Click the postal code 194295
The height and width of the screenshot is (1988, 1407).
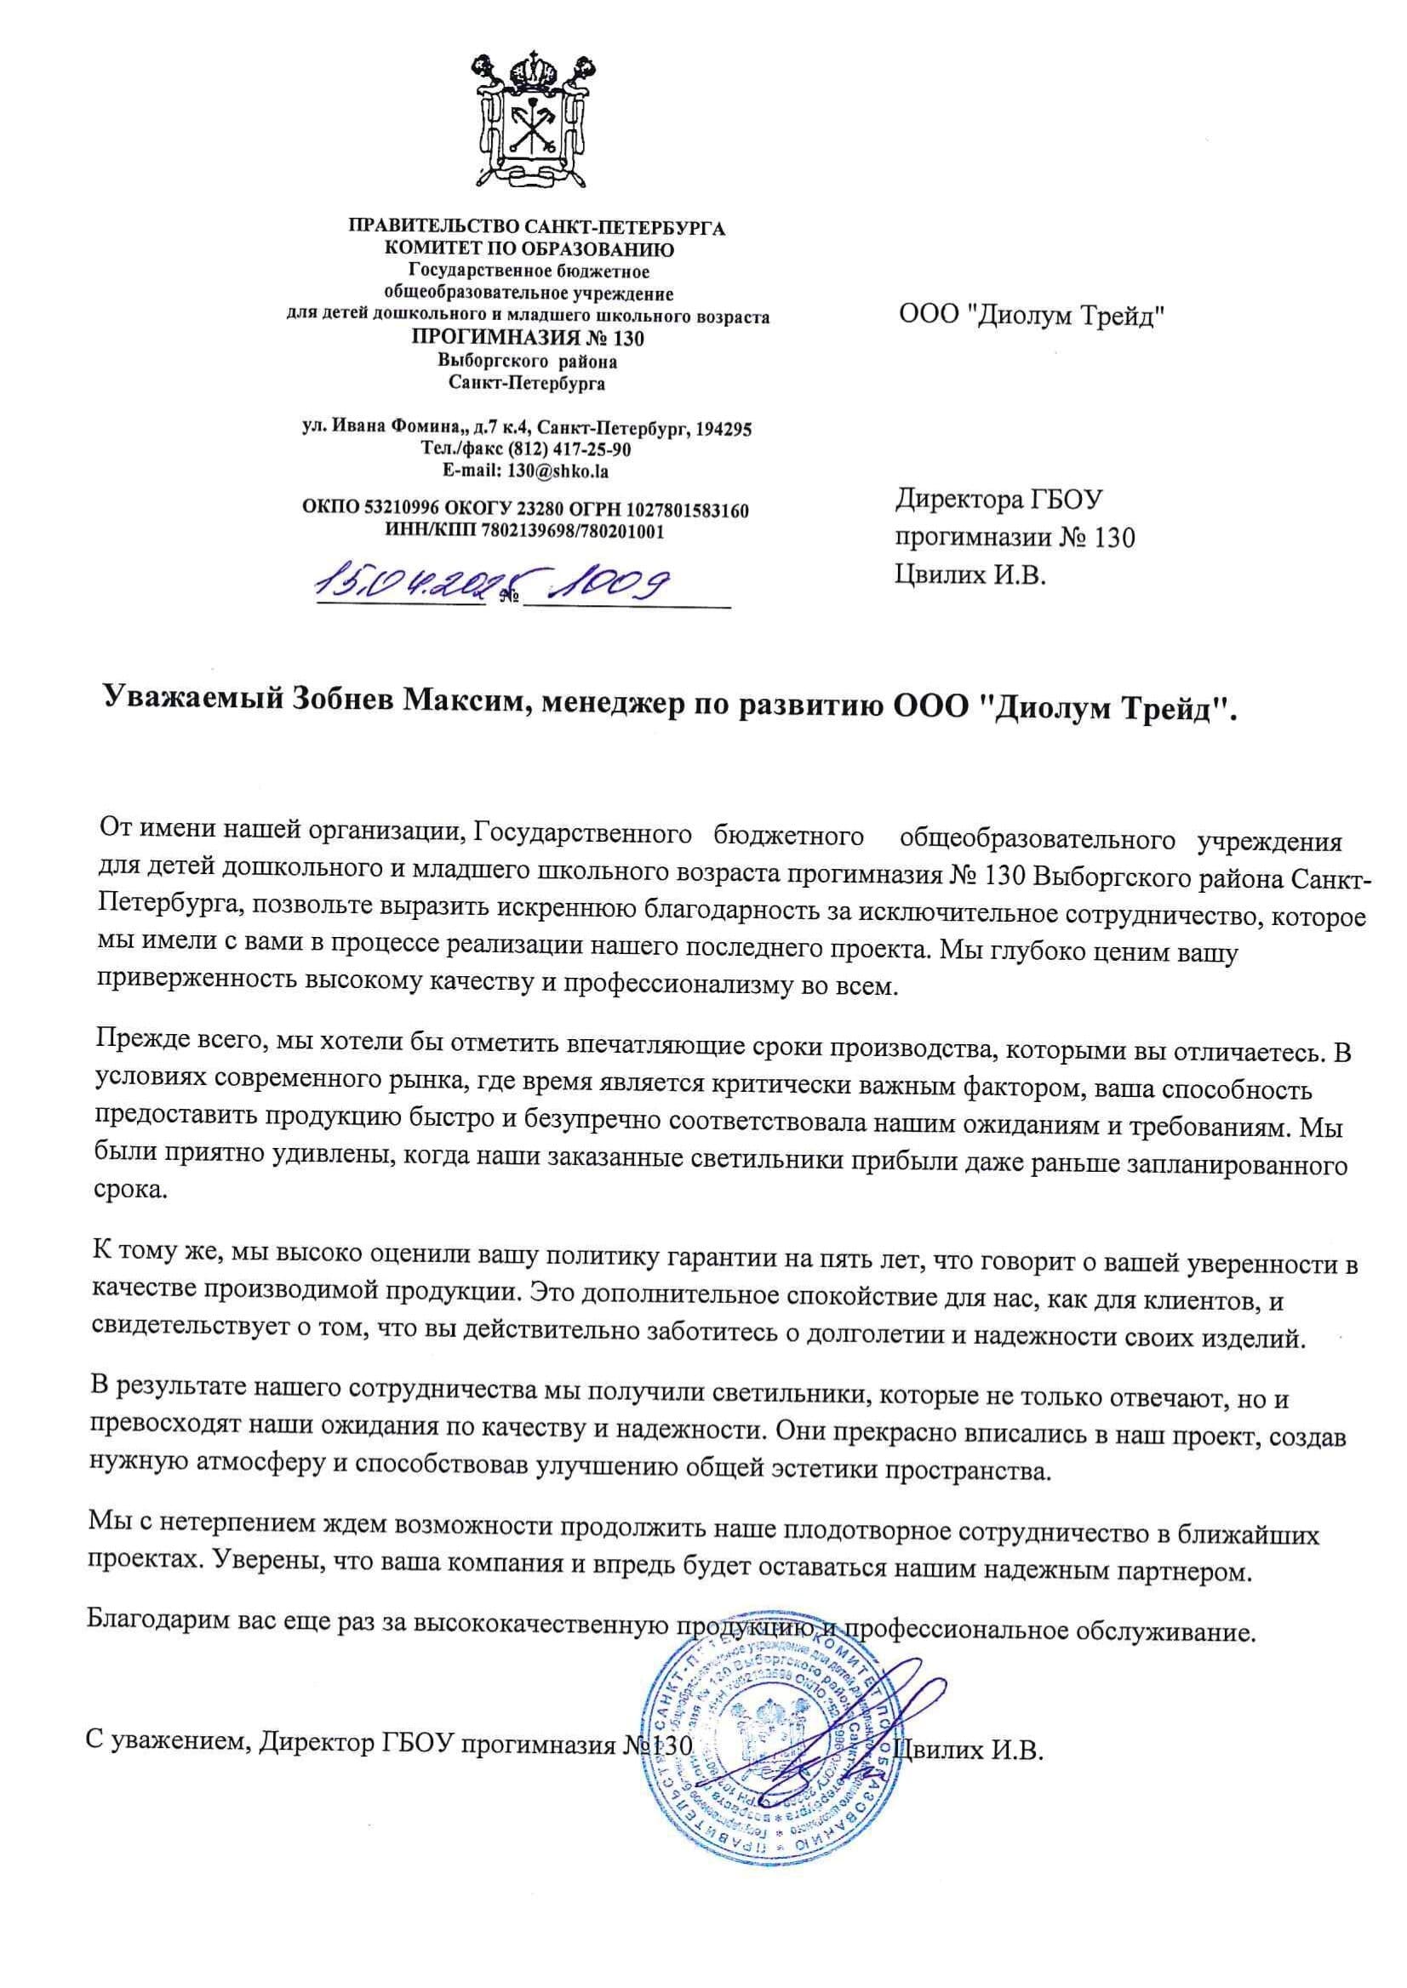pos(723,428)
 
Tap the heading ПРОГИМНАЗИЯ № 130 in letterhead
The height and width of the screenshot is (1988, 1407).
pos(528,337)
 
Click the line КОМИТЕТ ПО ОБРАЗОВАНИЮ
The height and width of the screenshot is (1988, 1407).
pos(529,249)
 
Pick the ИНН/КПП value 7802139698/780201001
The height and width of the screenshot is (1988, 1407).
pos(575,531)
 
